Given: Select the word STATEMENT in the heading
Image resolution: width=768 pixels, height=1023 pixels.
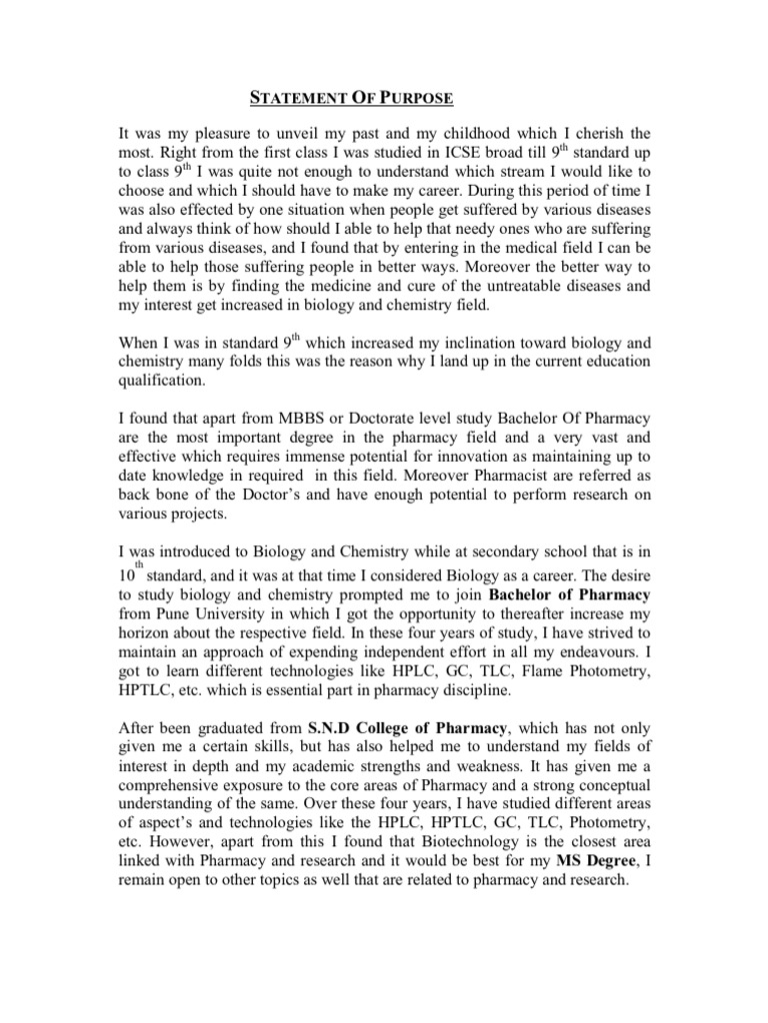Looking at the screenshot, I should (x=290, y=98).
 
